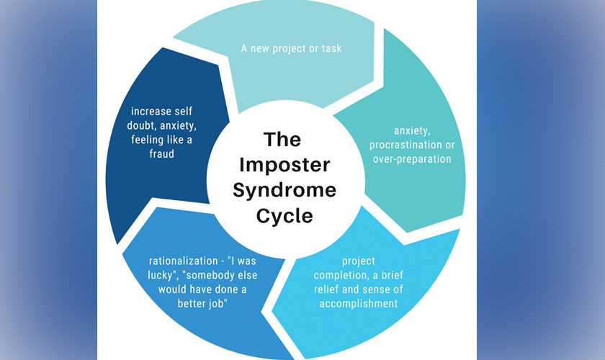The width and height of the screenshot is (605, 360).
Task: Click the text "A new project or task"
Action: [291, 49]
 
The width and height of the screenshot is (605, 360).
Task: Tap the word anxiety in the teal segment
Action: [413, 130]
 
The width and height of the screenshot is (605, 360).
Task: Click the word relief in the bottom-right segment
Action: [339, 289]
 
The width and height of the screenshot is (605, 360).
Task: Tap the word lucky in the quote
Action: [139, 274]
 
